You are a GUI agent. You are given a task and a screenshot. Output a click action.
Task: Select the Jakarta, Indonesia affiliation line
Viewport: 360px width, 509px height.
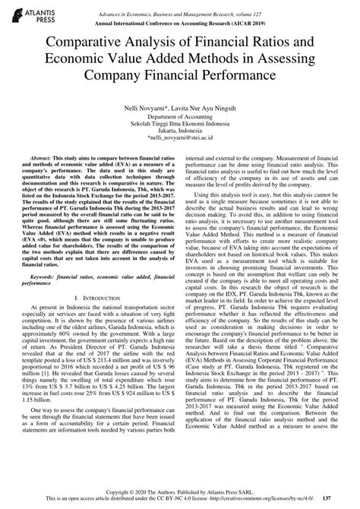[180, 138]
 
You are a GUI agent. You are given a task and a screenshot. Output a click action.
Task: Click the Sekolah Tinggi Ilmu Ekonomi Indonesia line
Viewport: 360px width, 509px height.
[180, 130]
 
